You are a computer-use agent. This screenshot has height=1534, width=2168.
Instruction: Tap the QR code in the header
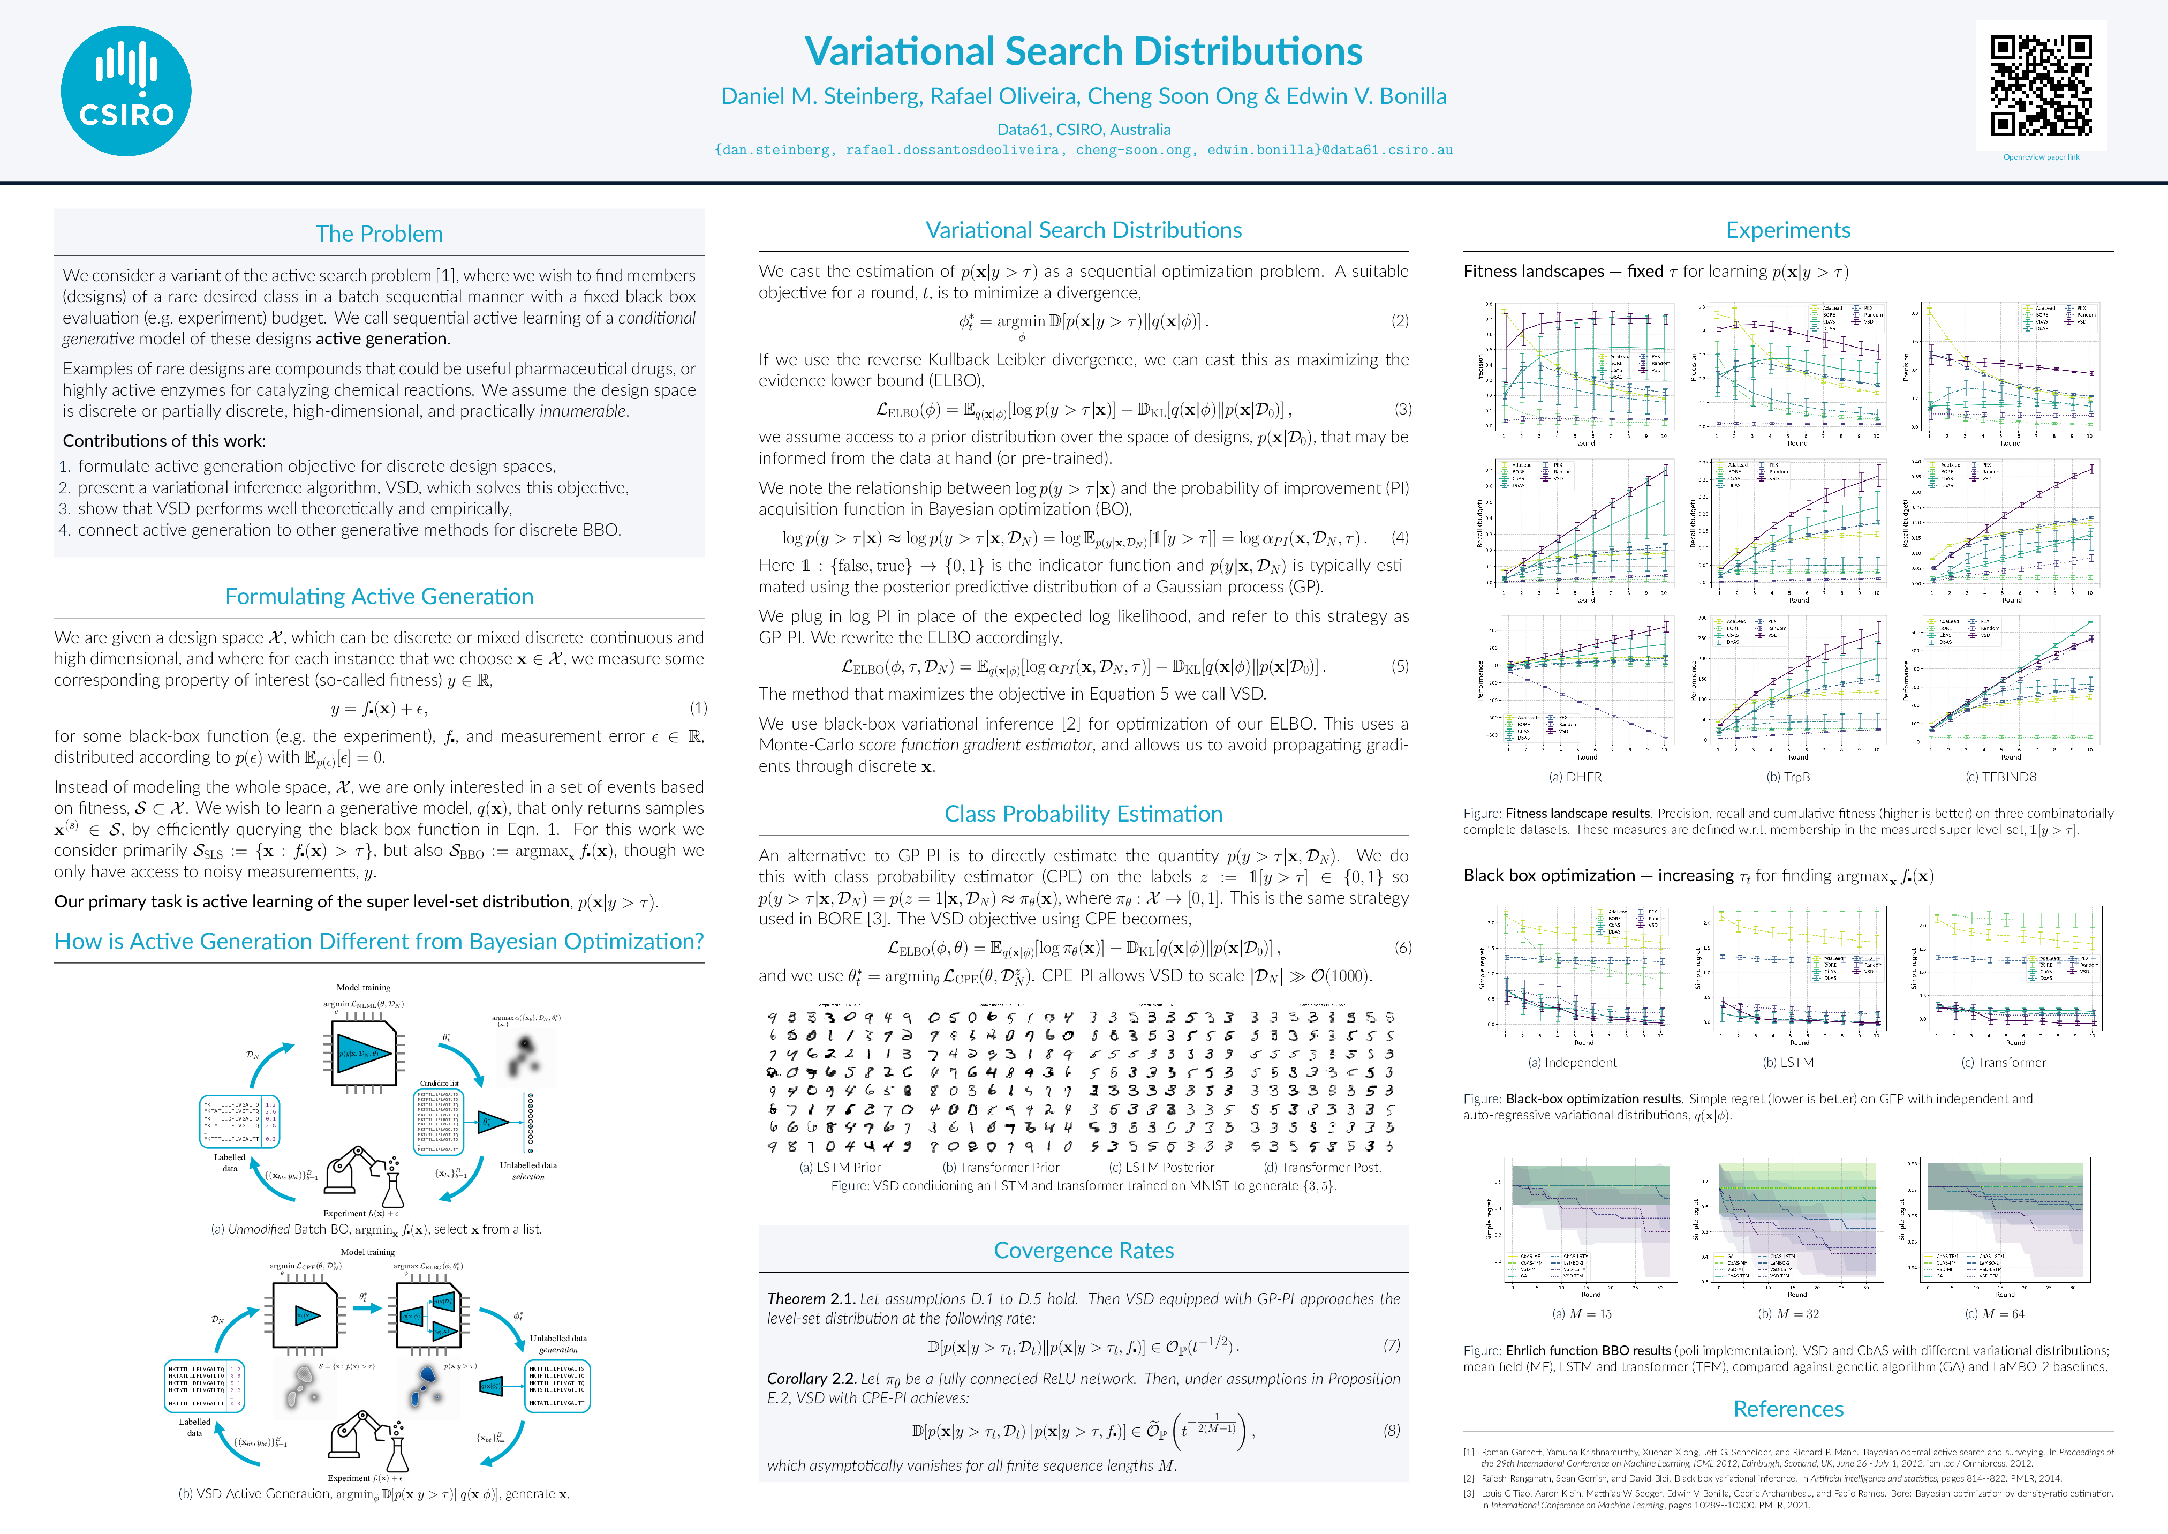[2041, 86]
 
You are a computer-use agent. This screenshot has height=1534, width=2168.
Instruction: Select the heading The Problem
[379, 234]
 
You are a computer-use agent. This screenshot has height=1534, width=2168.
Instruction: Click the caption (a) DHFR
[1575, 777]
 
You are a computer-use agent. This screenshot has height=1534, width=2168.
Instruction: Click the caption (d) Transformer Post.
[1322, 1168]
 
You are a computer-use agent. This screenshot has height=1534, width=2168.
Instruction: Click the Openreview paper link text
[2041, 157]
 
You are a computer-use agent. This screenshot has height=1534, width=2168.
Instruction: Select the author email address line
[1083, 149]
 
